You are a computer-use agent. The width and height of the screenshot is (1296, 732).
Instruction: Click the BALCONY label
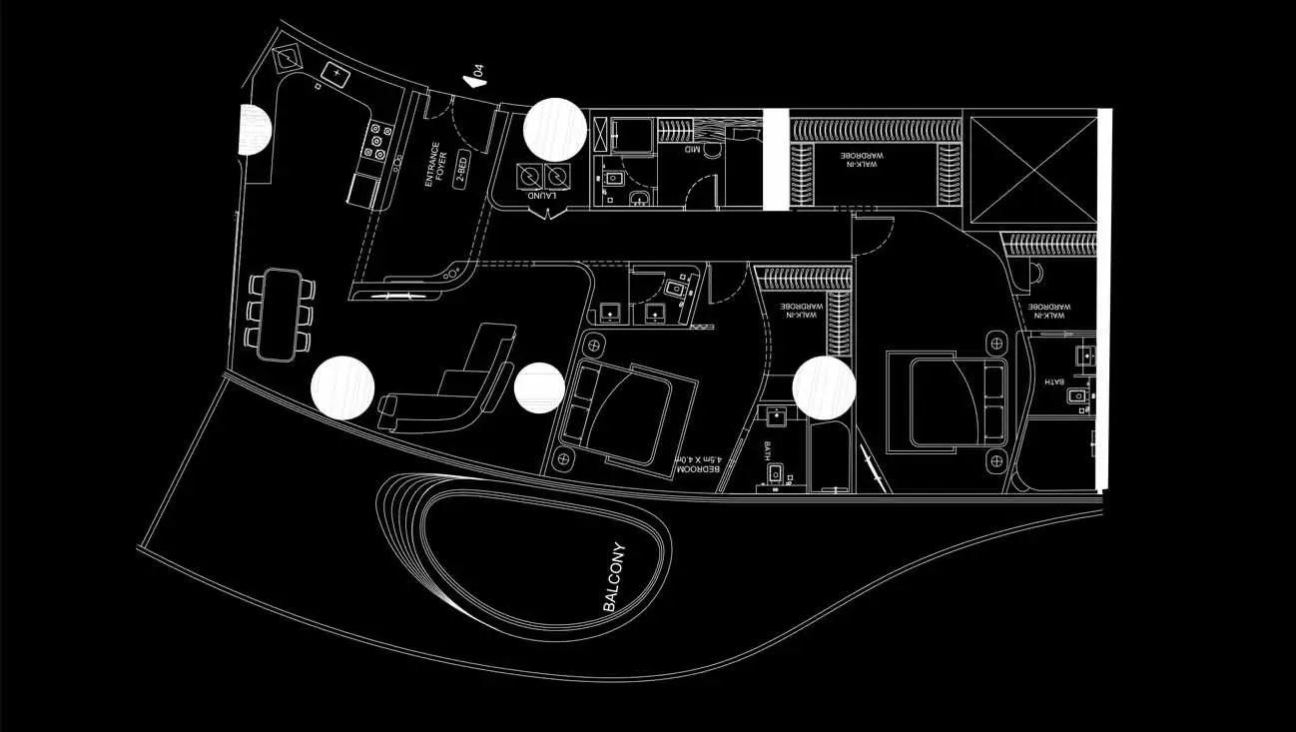614,577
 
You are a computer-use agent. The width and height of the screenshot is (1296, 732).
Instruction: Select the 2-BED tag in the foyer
461,171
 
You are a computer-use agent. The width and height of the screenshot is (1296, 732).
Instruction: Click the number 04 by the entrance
479,72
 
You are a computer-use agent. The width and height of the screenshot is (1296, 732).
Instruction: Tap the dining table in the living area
279,313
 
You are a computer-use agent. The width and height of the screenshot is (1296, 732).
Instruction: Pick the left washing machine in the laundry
529,177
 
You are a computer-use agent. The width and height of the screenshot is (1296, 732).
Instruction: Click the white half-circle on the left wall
254,129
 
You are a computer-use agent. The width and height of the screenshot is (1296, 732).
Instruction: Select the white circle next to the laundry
555,129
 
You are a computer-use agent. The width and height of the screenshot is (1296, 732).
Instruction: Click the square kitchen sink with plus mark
336,73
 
